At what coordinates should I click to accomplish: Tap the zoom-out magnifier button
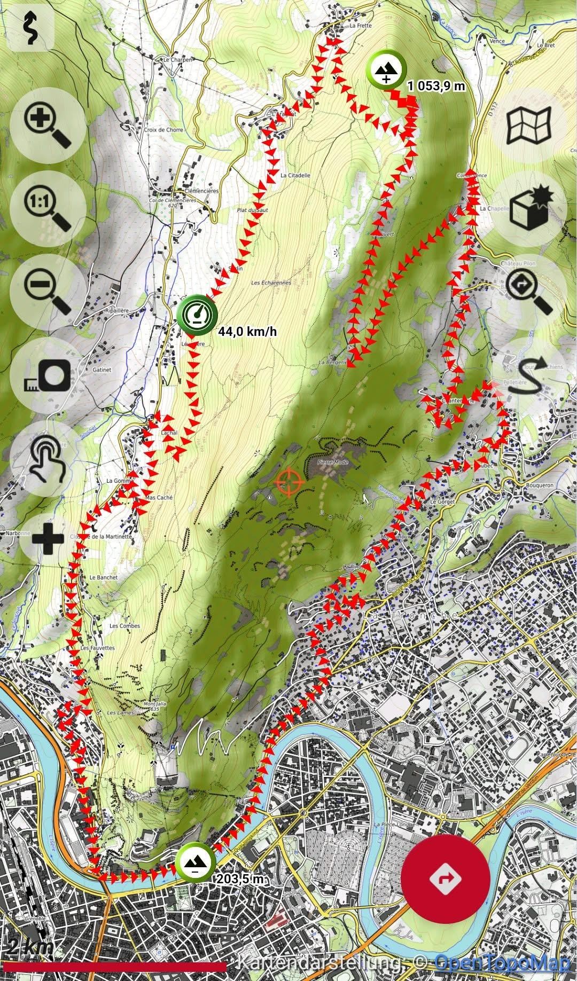click(x=48, y=292)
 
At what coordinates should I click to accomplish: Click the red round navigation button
click(x=446, y=877)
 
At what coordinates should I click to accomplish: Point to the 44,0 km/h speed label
click(x=247, y=332)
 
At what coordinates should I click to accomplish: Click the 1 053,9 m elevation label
click(x=436, y=85)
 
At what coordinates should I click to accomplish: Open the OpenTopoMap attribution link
click(x=503, y=962)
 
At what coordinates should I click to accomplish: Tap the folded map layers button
click(x=529, y=126)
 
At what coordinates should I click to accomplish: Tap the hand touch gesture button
click(x=48, y=458)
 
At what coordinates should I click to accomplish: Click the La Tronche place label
click(x=410, y=616)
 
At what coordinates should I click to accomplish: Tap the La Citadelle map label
click(x=295, y=175)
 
